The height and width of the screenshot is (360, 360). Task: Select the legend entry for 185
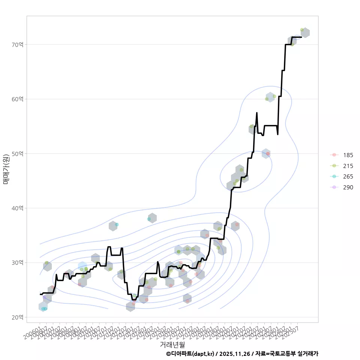tap(348, 155)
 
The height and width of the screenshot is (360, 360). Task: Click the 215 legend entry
tap(348, 166)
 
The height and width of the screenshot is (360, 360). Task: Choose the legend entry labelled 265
tap(348, 177)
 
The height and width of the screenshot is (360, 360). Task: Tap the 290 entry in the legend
tap(348, 187)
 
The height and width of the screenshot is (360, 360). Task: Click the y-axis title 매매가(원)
tap(6, 169)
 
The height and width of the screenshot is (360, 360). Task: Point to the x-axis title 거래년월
tap(172, 344)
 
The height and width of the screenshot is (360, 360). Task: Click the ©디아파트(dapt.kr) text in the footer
tap(190, 354)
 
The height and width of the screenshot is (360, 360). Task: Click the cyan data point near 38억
tap(149, 219)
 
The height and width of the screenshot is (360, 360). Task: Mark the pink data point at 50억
tap(268, 154)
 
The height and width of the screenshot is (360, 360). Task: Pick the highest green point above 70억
tap(302, 30)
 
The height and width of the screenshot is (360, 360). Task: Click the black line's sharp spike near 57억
tap(257, 112)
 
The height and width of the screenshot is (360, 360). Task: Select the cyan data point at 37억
tap(117, 224)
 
